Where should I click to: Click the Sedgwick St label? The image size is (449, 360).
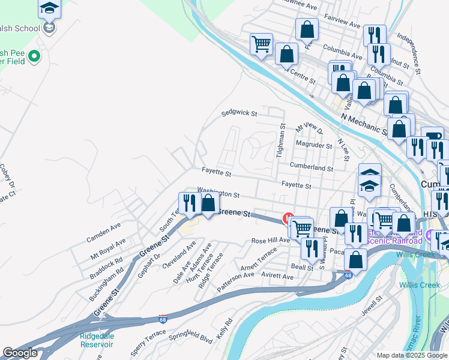tap(239, 113)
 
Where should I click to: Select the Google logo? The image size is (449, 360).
tap(20, 353)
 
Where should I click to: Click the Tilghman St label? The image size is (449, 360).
tap(279, 141)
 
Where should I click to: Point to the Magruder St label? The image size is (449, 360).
tap(315, 145)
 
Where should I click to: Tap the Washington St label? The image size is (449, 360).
tap(218, 194)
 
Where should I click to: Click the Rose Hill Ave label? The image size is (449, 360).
tap(271, 240)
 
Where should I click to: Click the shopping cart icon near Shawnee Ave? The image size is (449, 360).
tap(261, 43)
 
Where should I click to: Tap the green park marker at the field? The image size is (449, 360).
tap(34, 57)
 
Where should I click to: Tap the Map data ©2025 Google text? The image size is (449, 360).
tap(411, 355)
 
